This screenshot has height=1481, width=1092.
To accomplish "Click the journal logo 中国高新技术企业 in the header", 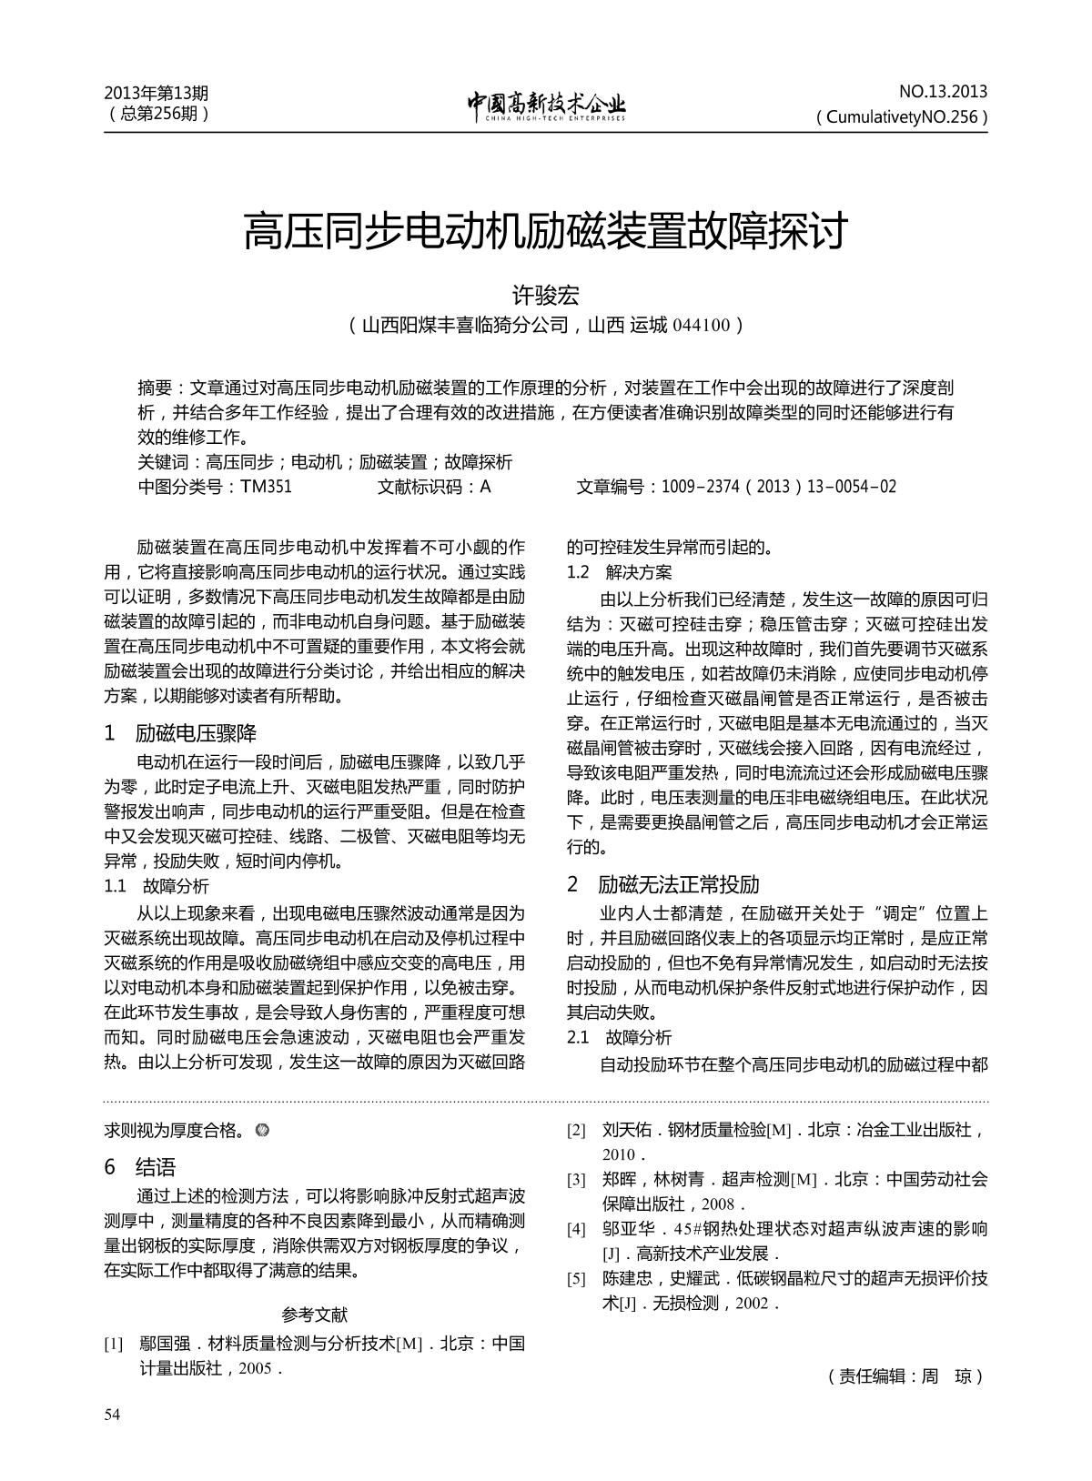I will (546, 106).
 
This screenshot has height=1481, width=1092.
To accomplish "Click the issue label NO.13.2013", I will (943, 92).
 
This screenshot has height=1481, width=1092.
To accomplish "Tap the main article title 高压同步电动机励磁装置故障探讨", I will (545, 231).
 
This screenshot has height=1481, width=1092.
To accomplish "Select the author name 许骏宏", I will (545, 296).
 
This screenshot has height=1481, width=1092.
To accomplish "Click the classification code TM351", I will (266, 487).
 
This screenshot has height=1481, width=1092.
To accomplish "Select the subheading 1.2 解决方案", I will (619, 572).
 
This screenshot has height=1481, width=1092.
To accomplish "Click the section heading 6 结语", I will (140, 1167).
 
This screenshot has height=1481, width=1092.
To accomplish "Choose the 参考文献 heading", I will (314, 1315).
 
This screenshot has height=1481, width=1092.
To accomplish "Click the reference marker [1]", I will (114, 1344).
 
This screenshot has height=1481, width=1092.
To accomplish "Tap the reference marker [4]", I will (576, 1229).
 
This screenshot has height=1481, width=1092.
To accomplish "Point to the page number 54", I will (113, 1414).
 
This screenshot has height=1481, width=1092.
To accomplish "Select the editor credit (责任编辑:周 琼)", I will (906, 1376).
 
